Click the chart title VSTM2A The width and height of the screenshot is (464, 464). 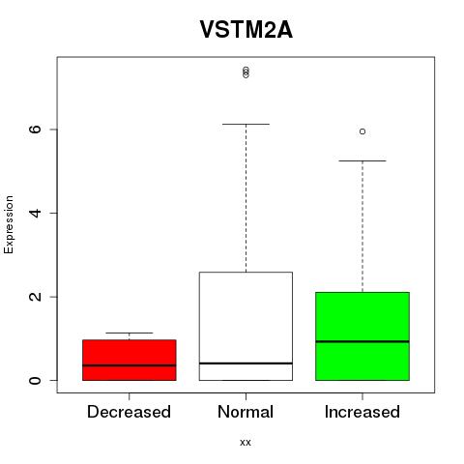click(246, 30)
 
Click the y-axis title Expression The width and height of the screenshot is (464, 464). click(9, 224)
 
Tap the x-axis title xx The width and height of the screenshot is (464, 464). click(246, 442)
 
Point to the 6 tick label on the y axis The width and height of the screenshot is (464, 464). click(35, 130)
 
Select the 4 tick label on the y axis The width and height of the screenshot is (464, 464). click(35, 213)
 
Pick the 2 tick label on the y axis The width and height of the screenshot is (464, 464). click(35, 297)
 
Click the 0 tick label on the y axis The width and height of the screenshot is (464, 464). click(35, 380)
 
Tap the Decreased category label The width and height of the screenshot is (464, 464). click(129, 412)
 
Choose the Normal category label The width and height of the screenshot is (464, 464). click(246, 412)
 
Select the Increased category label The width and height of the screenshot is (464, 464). click(362, 412)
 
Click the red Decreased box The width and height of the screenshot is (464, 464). click(130, 360)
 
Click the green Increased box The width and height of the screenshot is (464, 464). click(362, 336)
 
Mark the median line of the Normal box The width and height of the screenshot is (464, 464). click(246, 363)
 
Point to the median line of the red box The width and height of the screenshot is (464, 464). click(130, 365)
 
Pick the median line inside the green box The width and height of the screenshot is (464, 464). click(362, 341)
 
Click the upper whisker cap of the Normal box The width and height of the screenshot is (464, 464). click(246, 124)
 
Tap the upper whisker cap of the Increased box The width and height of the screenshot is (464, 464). click(362, 160)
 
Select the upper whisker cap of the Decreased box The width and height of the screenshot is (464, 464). click(130, 333)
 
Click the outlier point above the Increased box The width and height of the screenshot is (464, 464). click(362, 131)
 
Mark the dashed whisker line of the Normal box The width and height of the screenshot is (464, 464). click(246, 198)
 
